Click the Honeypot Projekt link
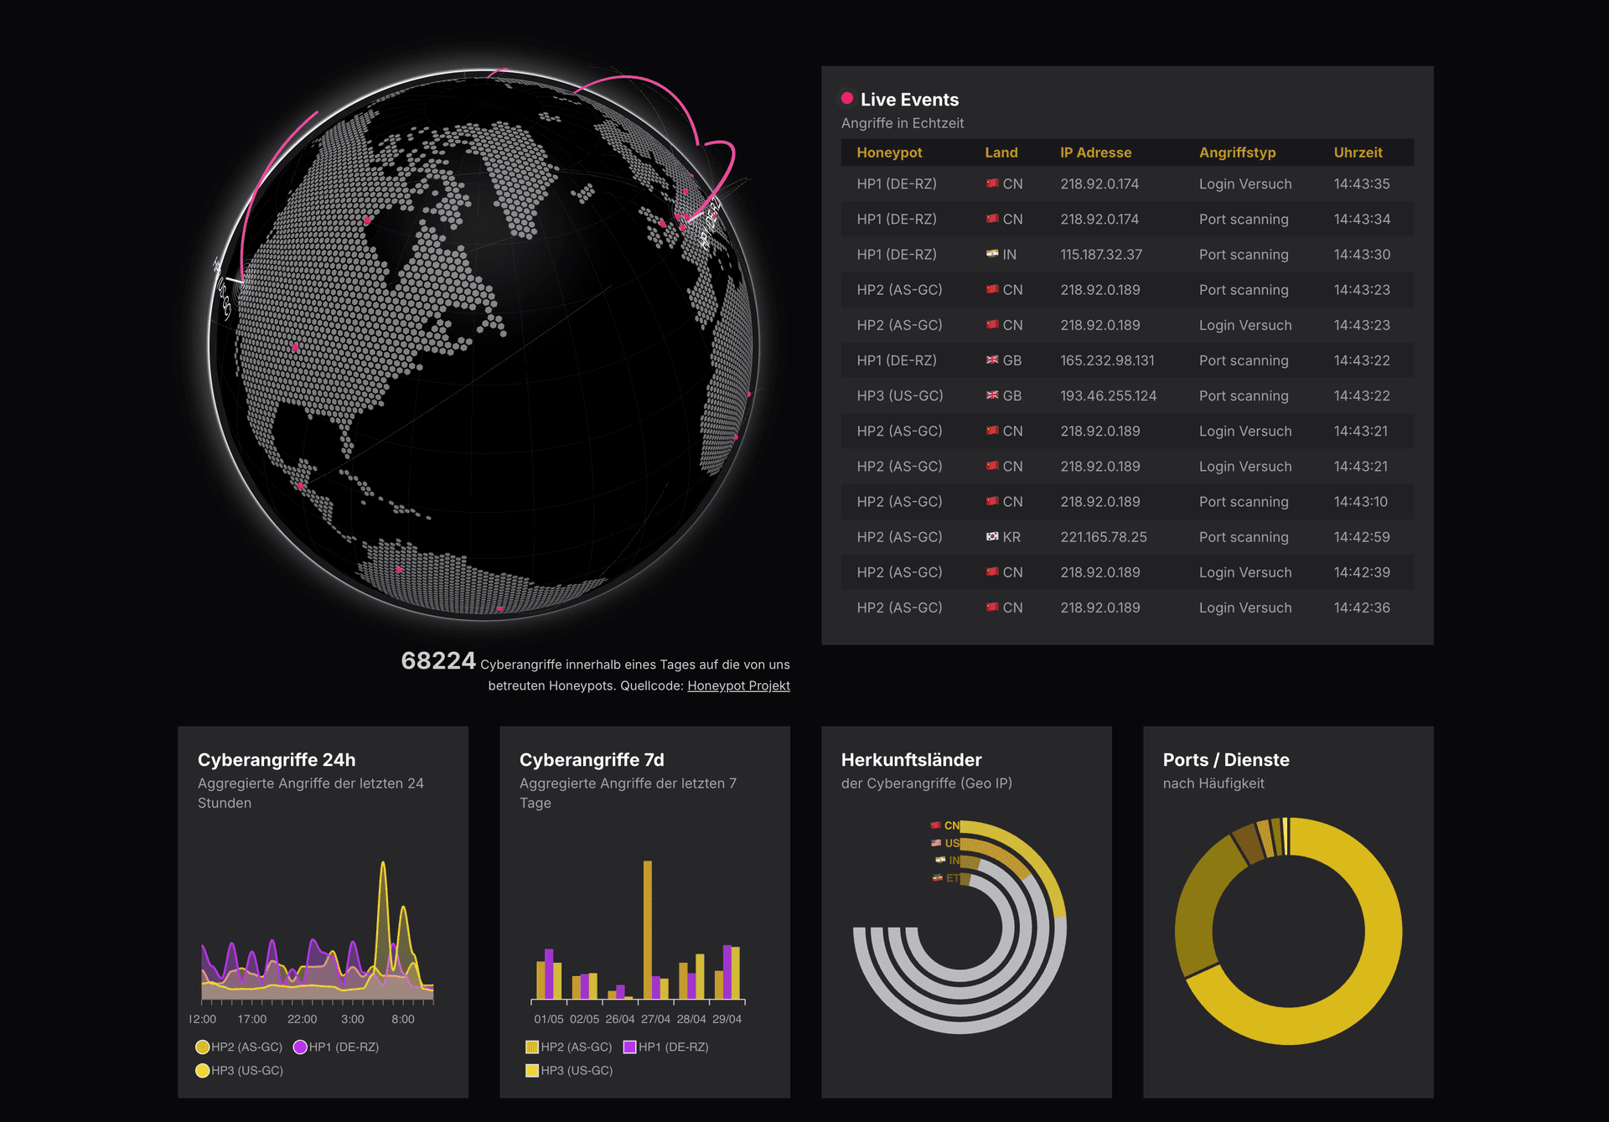click(738, 685)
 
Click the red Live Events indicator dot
click(847, 99)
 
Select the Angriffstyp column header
click(1237, 153)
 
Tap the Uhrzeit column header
click(1358, 153)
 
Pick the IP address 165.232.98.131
click(1107, 360)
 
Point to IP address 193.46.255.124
click(1108, 396)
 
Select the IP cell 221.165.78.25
click(1103, 537)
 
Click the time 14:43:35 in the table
click(1362, 184)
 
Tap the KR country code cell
click(1011, 537)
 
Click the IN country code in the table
click(1009, 255)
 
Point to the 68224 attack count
click(438, 661)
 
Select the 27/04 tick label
click(655, 1019)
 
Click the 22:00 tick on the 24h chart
click(302, 1019)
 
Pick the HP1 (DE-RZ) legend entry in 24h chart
click(337, 1047)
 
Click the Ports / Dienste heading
click(1225, 760)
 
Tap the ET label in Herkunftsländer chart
click(952, 878)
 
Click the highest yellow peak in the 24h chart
click(383, 864)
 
